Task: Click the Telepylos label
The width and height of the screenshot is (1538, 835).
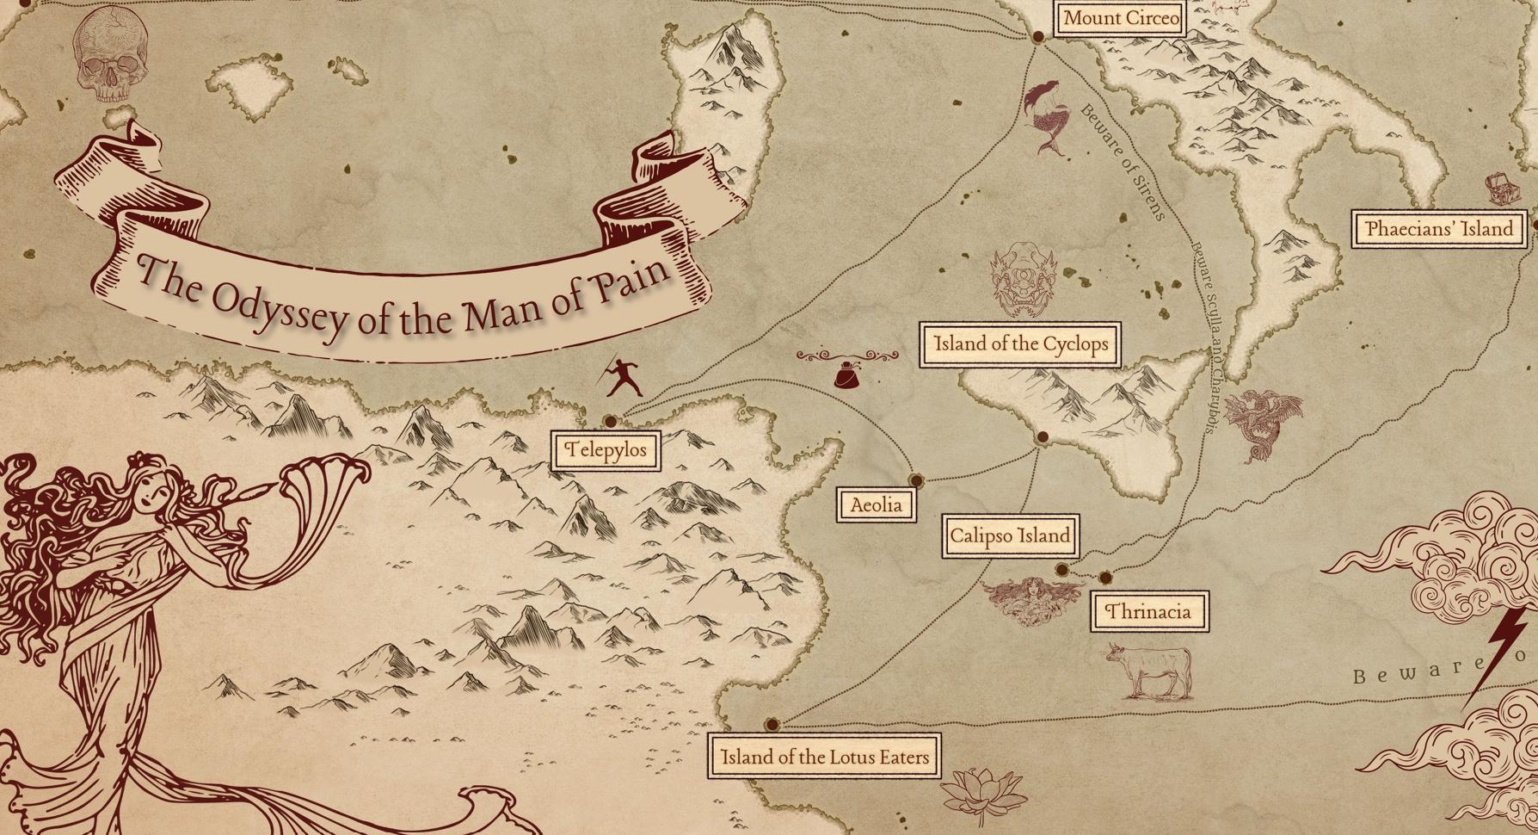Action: click(x=606, y=450)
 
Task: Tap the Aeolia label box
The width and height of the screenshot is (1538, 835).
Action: click(x=876, y=504)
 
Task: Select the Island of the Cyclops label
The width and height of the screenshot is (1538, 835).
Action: click(x=1020, y=344)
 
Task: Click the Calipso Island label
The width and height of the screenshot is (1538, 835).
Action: click(x=1010, y=536)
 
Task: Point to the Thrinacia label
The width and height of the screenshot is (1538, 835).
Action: click(x=1148, y=612)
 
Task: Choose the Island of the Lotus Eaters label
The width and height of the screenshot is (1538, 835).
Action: click(x=824, y=757)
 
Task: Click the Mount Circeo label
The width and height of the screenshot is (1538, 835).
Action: click(x=1121, y=18)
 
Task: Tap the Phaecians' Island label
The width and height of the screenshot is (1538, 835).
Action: click(x=1438, y=229)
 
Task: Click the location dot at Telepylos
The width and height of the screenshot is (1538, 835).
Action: click(x=610, y=421)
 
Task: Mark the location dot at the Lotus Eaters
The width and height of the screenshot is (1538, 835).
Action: click(x=772, y=725)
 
